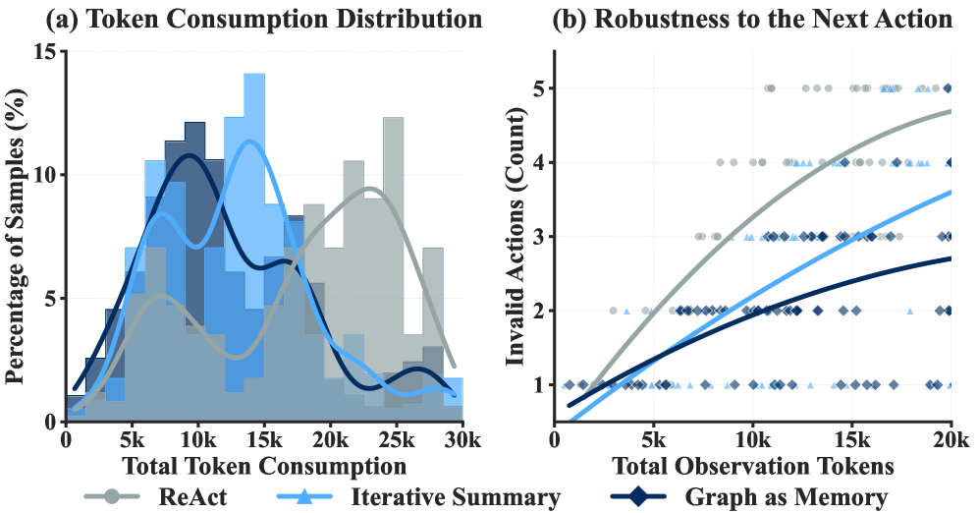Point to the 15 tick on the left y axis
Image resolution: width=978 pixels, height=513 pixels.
coord(45,52)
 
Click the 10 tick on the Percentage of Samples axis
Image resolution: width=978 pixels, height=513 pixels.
coord(45,176)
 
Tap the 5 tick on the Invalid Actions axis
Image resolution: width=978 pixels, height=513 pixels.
coord(539,88)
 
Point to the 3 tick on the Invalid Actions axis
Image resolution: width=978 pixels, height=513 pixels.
coord(539,237)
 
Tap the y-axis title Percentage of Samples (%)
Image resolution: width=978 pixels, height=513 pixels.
coord(16,236)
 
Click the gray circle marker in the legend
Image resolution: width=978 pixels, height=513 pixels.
coord(113,497)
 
